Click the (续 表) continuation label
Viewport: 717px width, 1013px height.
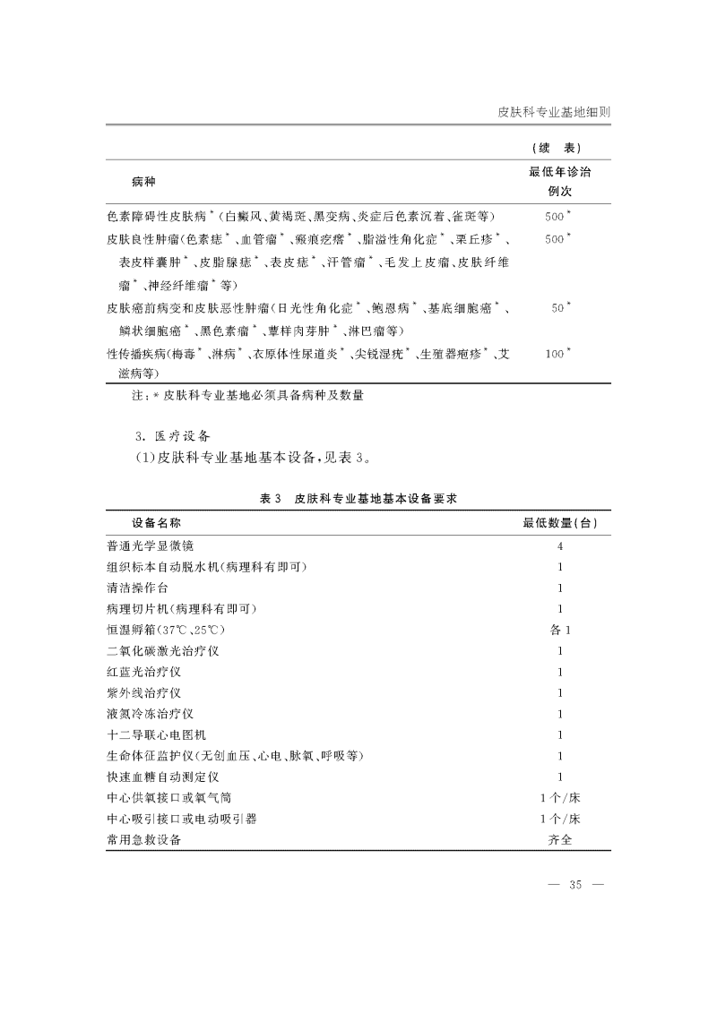coord(560,148)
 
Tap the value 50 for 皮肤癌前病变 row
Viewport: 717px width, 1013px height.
coord(558,307)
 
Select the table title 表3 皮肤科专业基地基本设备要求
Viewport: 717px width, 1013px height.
coord(358,498)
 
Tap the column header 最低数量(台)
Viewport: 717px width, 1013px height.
coord(560,522)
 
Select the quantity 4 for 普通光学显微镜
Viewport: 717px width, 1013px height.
coord(560,545)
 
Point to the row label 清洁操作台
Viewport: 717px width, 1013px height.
coord(137,588)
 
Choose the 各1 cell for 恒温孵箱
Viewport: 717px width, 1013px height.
coord(560,630)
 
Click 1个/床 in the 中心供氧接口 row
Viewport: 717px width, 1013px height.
coord(560,798)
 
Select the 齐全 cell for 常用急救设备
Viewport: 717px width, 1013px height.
coord(560,840)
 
